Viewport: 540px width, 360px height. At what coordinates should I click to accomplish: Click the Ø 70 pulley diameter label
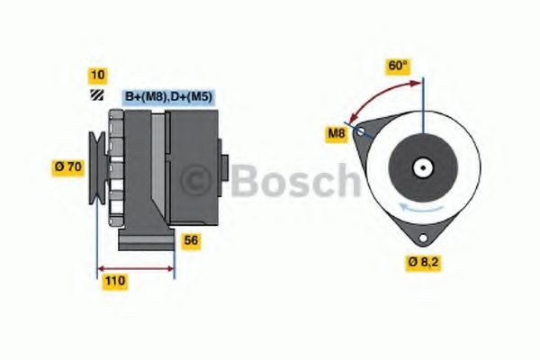click(69, 166)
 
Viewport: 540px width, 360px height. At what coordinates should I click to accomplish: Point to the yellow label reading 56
click(191, 240)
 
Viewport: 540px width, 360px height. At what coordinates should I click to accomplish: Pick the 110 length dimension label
click(113, 281)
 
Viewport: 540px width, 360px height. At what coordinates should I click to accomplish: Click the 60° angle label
click(399, 66)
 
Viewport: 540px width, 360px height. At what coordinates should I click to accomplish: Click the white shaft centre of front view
click(421, 166)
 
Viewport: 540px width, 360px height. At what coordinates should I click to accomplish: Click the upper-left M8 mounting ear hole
click(362, 132)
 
